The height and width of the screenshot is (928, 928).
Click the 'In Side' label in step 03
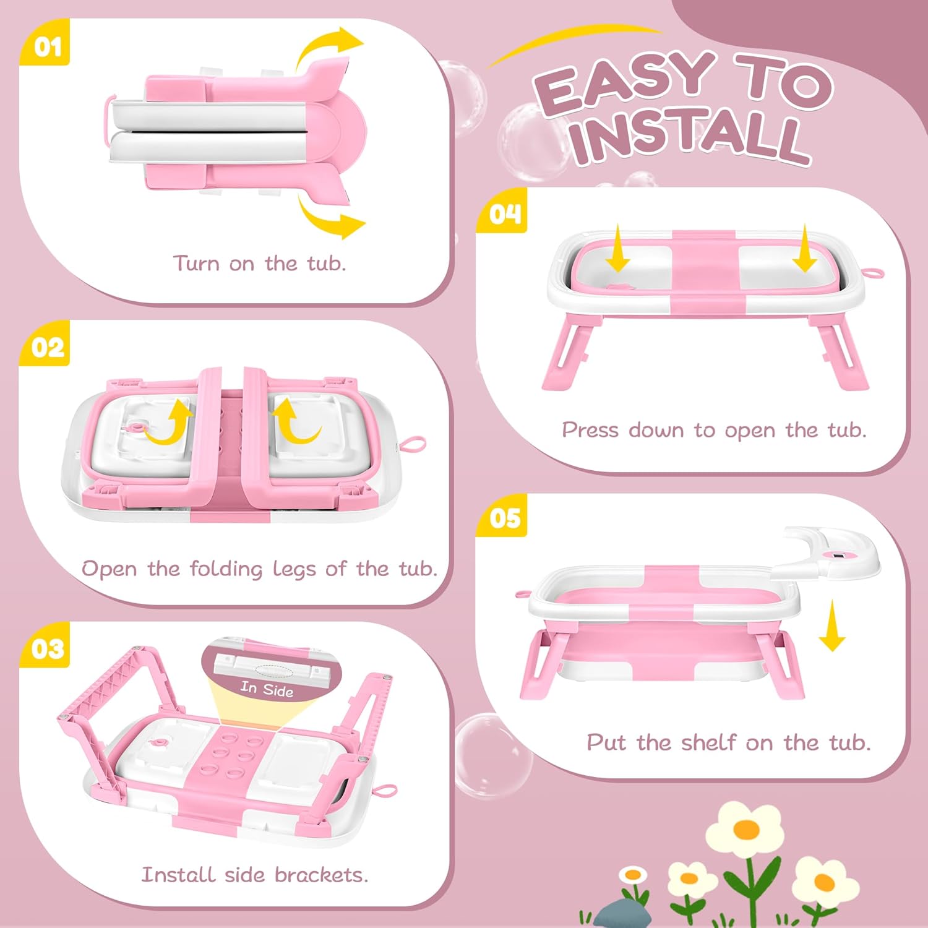(x=267, y=689)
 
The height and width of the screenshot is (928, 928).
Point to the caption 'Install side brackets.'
(x=254, y=875)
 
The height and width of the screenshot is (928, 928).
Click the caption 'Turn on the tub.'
(x=259, y=264)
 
